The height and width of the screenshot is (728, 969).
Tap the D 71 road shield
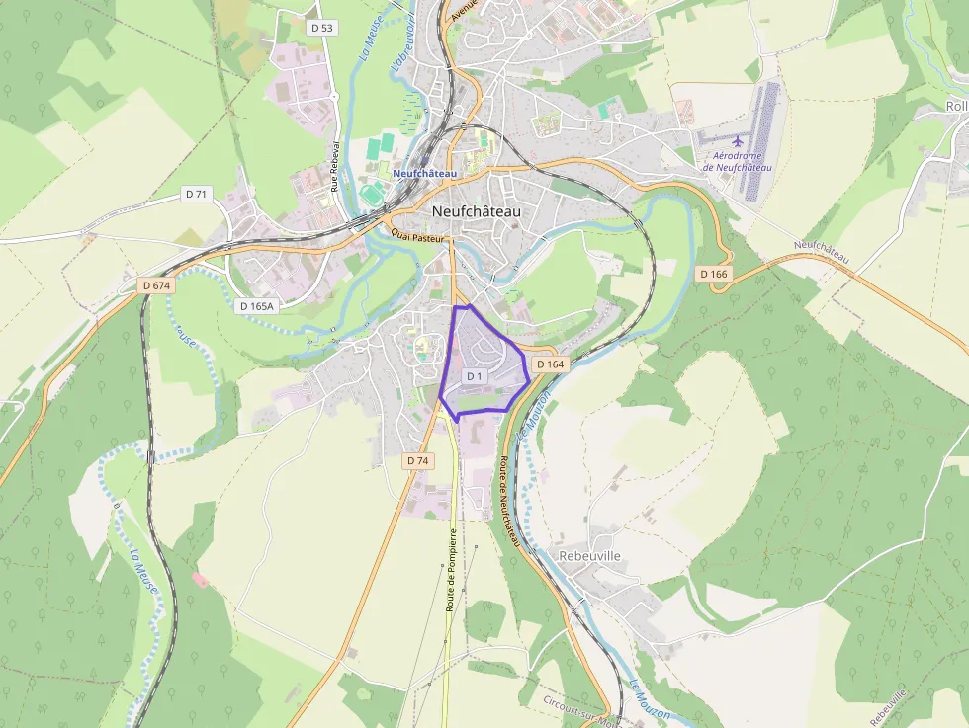coord(197,195)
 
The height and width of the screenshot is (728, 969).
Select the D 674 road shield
coord(156,285)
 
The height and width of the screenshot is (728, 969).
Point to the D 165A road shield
coord(256,306)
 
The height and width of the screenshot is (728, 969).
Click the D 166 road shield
coord(713,273)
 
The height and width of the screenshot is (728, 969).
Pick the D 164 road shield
coord(551,364)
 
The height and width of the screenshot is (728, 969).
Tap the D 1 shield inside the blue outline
coord(474,376)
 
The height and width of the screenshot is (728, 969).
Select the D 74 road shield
coord(417,461)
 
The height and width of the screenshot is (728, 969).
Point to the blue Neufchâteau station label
coord(424,174)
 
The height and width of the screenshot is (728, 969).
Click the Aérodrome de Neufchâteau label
coord(737,161)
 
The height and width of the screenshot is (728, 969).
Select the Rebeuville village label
coord(589,556)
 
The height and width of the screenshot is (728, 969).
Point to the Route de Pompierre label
coord(450,570)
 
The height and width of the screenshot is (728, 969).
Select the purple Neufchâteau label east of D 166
coord(821,251)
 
